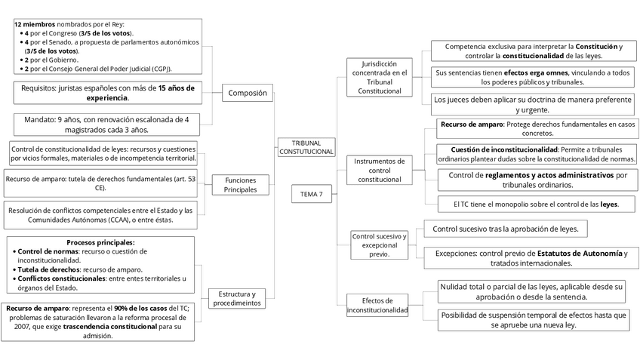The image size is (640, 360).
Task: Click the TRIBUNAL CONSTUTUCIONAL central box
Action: [306, 147]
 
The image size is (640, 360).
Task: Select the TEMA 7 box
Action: [311, 194]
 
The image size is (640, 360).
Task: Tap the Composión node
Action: [248, 94]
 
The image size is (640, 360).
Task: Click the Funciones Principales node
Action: [240, 185]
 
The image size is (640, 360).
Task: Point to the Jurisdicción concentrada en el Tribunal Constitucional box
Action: [383, 77]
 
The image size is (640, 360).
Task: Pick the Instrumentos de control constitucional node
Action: [380, 170]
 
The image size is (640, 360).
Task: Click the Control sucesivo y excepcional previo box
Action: [379, 245]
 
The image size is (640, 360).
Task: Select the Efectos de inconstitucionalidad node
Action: [377, 305]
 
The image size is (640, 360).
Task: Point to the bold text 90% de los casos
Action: [140, 308]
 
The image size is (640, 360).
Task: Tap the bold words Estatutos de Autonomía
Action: [580, 253]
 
